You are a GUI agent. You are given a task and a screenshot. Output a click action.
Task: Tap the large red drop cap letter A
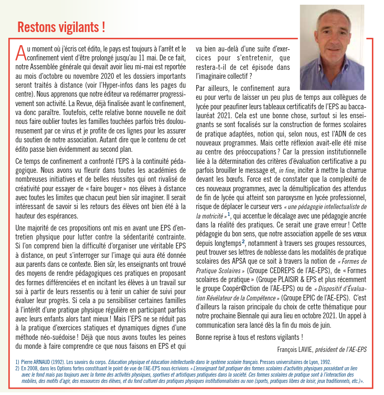[x=20, y=53]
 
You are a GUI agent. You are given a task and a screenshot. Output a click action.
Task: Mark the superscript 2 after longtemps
[x=243, y=242]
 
